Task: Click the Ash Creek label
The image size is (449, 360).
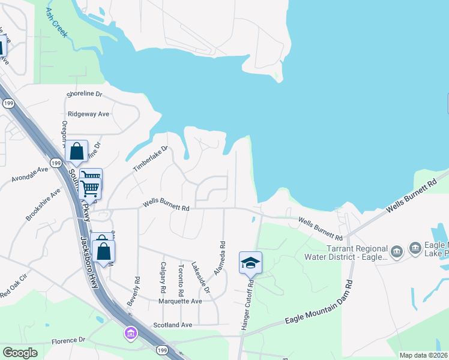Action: (x=57, y=23)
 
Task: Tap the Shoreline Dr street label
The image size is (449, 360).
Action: (x=85, y=95)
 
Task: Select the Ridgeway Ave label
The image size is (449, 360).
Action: (x=88, y=113)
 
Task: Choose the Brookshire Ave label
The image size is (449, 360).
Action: (x=43, y=204)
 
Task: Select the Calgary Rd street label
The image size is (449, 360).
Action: (x=163, y=277)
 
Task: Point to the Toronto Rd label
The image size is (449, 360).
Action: (x=181, y=278)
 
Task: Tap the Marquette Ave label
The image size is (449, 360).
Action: (x=179, y=301)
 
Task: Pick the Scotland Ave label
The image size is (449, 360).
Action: (x=172, y=325)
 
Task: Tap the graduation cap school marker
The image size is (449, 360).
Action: (x=251, y=263)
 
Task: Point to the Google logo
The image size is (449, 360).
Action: (x=20, y=352)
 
